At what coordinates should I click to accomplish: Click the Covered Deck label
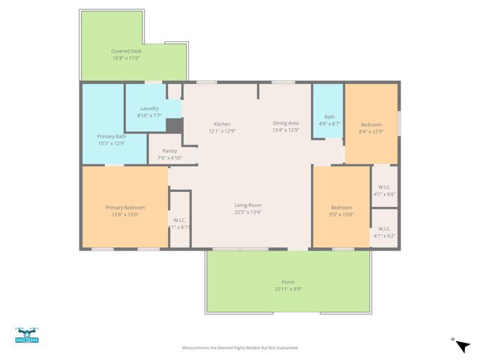tap(126, 51)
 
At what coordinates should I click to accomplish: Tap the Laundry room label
tap(149, 108)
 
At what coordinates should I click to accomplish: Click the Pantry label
tap(169, 151)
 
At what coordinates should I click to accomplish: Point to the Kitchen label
tap(222, 124)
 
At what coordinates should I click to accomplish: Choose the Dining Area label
tap(285, 123)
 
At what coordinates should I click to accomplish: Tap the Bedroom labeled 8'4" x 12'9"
tap(371, 124)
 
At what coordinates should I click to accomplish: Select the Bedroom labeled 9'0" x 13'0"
tap(341, 207)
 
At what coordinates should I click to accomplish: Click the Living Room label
tap(247, 205)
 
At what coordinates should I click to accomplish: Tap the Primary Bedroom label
tap(124, 207)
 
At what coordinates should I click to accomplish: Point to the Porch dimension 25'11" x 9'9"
tap(288, 289)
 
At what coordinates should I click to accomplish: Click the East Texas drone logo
tap(27, 334)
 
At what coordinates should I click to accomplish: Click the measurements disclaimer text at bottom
tap(240, 348)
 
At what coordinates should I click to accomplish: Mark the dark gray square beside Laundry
tap(174, 126)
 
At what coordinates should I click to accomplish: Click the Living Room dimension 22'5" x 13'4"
tap(247, 212)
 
